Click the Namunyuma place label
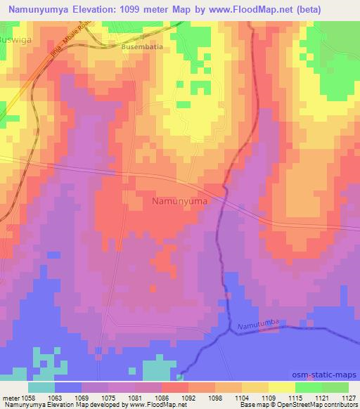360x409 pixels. tap(179, 201)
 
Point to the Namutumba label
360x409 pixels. tap(258, 322)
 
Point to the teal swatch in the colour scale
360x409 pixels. tap(42, 387)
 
